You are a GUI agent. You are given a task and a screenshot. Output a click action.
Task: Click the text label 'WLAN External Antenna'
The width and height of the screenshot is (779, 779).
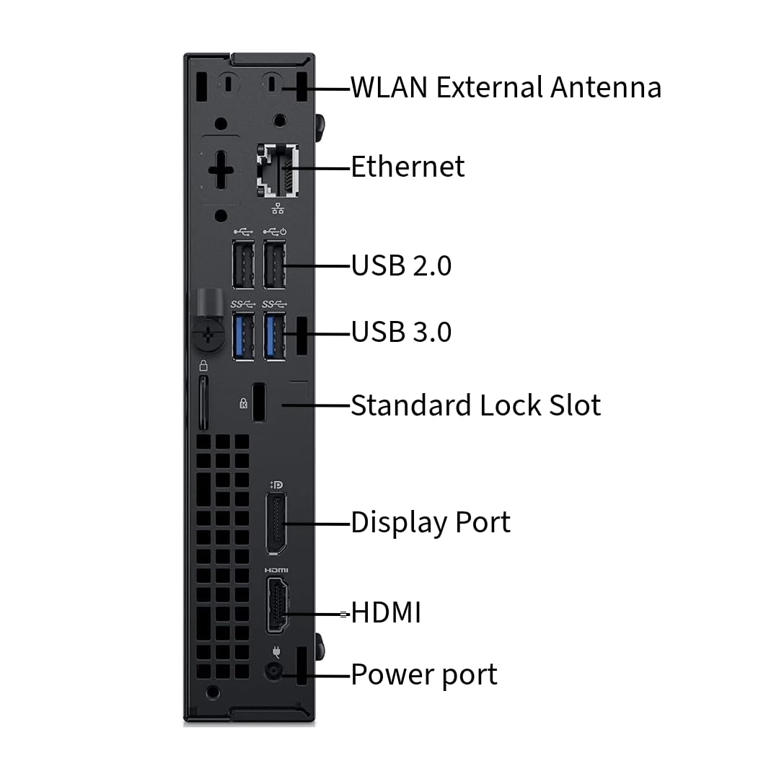(x=506, y=87)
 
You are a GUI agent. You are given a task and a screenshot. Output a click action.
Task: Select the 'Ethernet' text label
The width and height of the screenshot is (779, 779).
(x=408, y=167)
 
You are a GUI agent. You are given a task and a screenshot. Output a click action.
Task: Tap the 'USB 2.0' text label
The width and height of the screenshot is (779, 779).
(x=401, y=265)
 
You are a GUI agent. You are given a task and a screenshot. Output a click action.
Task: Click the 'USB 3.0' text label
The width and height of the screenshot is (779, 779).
(x=401, y=332)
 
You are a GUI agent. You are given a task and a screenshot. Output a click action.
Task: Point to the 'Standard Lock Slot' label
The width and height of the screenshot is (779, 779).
(x=475, y=405)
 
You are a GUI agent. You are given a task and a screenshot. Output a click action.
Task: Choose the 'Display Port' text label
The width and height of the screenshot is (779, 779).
(x=431, y=522)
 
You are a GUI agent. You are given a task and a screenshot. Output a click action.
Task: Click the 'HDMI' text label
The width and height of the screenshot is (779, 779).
(x=386, y=613)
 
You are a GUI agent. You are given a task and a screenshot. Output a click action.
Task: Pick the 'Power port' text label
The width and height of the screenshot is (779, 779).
(x=424, y=675)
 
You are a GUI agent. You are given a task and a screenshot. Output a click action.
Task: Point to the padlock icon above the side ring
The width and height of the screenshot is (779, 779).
(x=203, y=366)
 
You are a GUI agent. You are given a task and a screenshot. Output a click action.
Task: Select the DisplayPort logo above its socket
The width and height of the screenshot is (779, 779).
(x=276, y=484)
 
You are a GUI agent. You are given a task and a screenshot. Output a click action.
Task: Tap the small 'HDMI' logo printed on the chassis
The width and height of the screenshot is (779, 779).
(x=276, y=571)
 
